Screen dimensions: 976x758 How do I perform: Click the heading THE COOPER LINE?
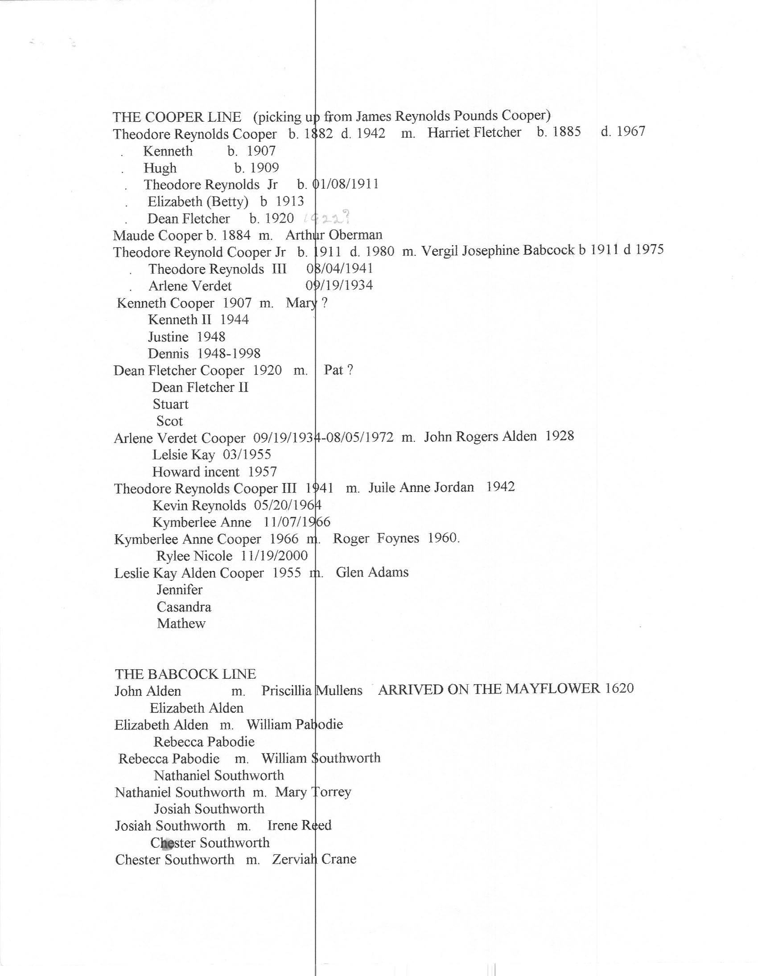[x=177, y=117]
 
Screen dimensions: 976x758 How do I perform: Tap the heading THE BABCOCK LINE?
[x=185, y=674]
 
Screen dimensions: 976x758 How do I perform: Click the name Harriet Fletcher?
[x=474, y=132]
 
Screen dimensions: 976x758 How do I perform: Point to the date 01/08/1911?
[x=345, y=184]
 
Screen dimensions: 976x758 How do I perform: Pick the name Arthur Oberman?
[x=334, y=234]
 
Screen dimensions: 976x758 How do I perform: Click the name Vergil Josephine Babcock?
[x=497, y=251]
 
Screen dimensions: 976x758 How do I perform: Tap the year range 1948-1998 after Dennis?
[x=229, y=353]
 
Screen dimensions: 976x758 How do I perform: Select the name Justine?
[x=168, y=336]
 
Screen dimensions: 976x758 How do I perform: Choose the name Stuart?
[x=170, y=404]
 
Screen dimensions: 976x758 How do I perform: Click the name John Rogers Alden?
[x=480, y=436]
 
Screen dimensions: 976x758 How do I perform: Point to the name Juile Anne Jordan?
[x=421, y=487]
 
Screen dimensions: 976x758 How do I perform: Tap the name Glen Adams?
[x=372, y=573]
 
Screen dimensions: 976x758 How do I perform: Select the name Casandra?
[x=184, y=607]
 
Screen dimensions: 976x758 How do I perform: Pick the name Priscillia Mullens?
[x=312, y=691]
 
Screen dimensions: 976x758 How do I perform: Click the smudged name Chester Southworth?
[x=210, y=843]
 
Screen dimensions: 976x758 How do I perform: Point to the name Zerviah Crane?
[x=314, y=859]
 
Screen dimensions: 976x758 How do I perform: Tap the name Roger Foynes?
[x=375, y=538]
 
